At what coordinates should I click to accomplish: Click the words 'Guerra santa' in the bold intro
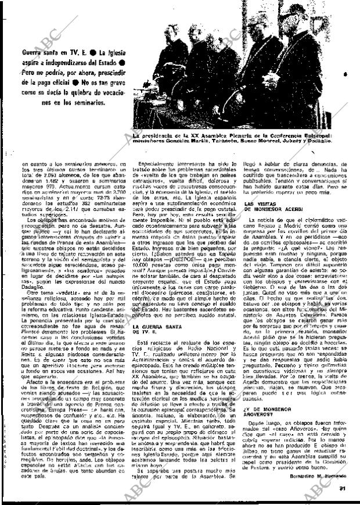36,51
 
